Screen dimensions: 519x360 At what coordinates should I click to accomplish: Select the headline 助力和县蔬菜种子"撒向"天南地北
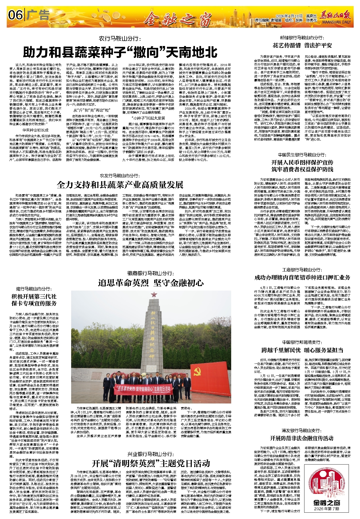(x=120, y=52)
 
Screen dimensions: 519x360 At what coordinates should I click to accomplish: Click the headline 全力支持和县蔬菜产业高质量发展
(x=120, y=185)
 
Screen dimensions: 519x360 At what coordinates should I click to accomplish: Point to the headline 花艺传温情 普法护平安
(x=302, y=45)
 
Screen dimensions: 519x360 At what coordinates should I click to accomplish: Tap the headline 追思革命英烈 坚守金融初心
(x=151, y=283)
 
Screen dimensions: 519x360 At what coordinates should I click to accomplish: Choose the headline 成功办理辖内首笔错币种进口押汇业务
(x=302, y=277)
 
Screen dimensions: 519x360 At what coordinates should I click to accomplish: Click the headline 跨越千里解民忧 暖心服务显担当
(x=302, y=350)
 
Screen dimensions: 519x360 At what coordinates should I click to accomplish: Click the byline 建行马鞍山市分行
(x=34, y=289)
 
